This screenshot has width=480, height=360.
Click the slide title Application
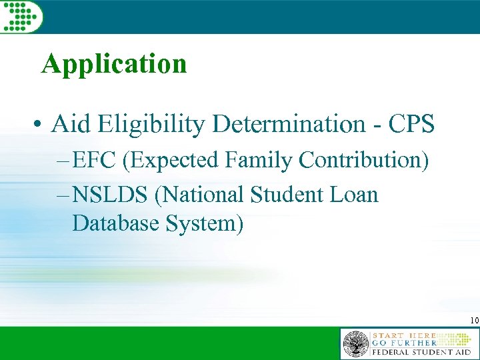(x=113, y=65)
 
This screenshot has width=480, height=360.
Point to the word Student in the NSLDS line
(x=290, y=195)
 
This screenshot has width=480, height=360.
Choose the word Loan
(x=356, y=195)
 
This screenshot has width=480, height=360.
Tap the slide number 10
(x=473, y=321)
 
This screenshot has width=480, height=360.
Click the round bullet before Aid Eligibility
(x=41, y=125)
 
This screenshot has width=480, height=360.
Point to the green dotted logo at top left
(x=21, y=15)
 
